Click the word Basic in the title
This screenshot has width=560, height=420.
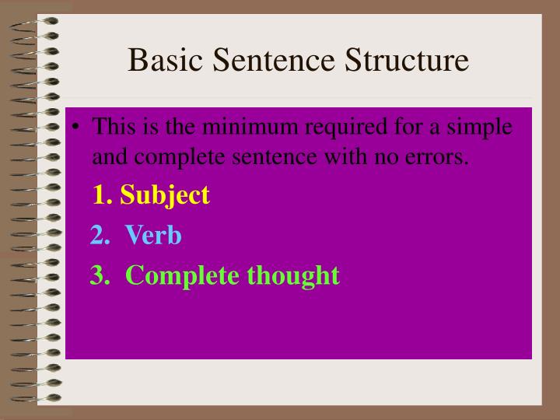coord(159,59)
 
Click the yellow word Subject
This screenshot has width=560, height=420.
coord(165,194)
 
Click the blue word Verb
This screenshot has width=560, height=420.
coord(153,235)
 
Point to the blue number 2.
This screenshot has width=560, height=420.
coord(99,235)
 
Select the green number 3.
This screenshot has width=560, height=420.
coord(99,275)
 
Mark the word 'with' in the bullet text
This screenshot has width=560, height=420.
coord(351,158)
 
